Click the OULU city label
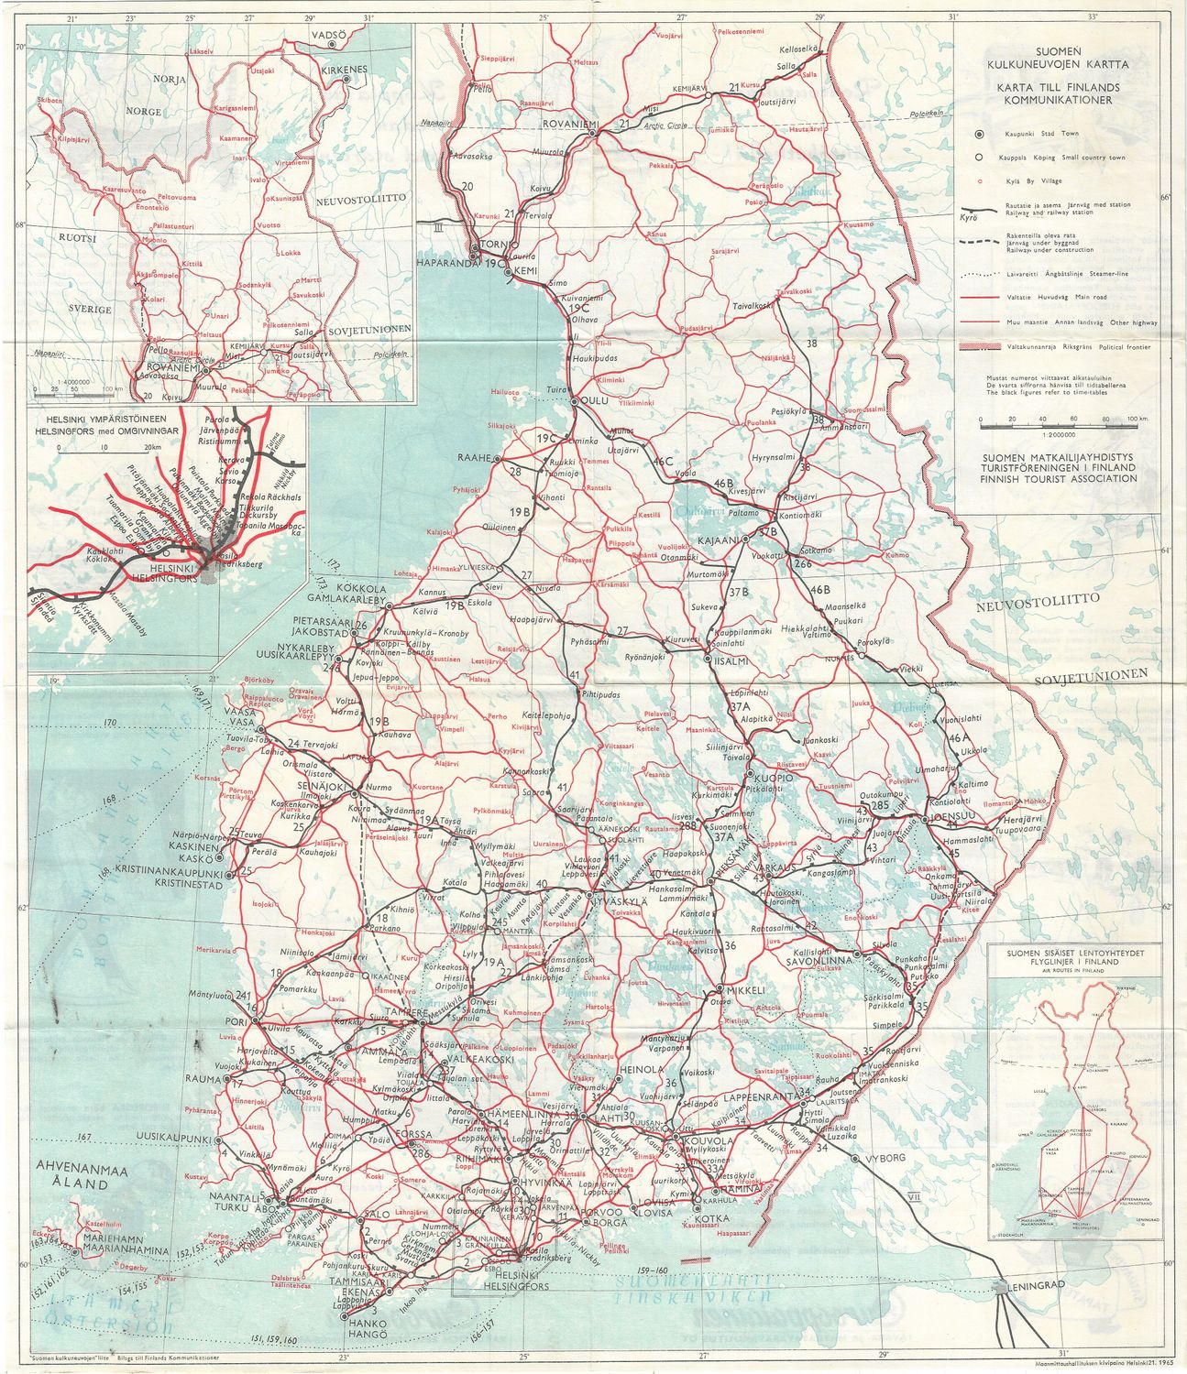(599, 401)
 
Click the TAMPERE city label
(406, 1013)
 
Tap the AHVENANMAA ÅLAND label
(72, 1175)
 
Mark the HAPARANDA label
(449, 263)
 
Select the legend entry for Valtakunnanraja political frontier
(1066, 348)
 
